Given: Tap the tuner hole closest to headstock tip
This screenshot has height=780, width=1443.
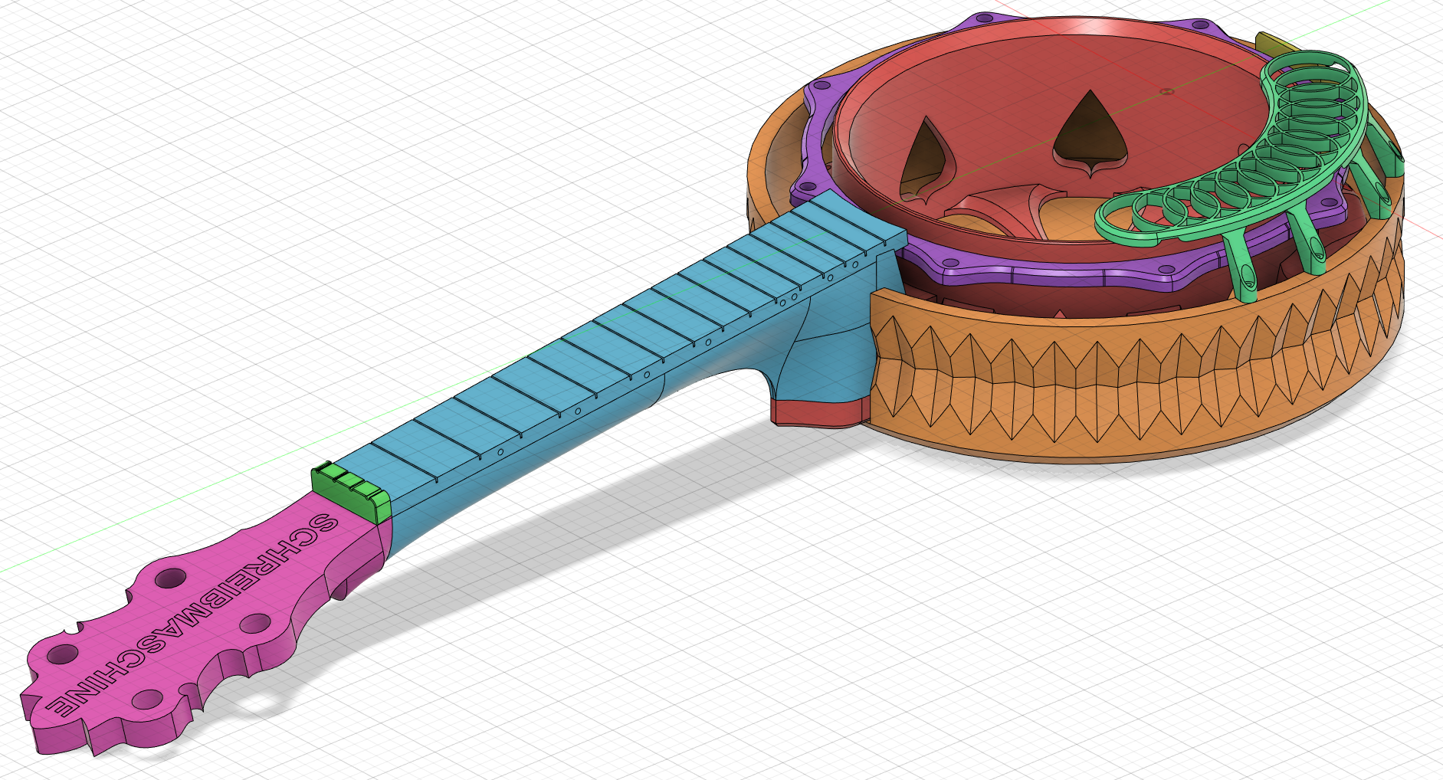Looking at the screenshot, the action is (62, 654).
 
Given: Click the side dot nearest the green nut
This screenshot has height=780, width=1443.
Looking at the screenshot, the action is (500, 453).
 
